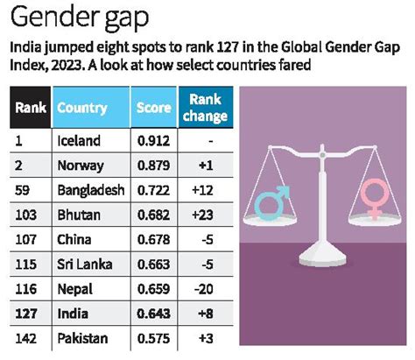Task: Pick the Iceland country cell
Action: tap(79, 139)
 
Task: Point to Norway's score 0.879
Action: tap(154, 164)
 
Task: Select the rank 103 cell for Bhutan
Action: tap(26, 214)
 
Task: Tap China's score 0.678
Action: tap(154, 238)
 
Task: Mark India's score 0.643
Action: tap(154, 313)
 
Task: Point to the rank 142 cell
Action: tap(26, 337)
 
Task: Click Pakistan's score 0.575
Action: tap(154, 337)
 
